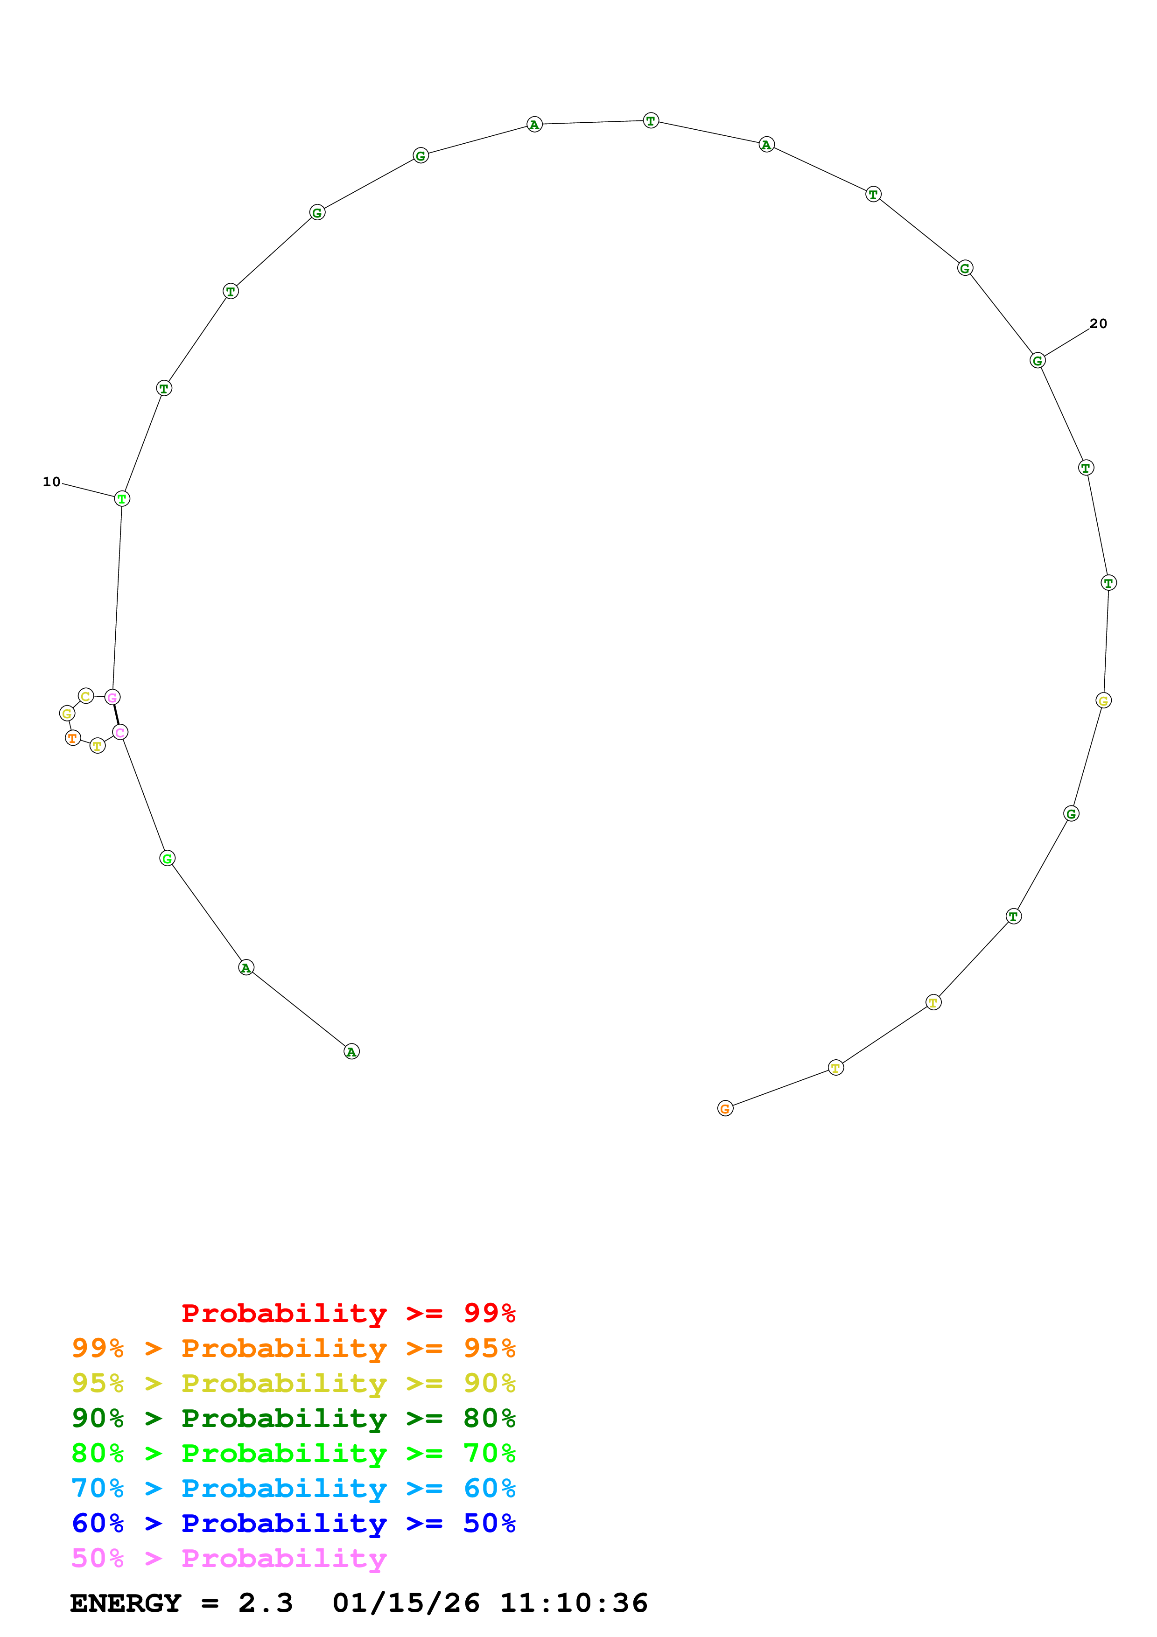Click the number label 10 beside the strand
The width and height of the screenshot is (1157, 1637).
pos(51,482)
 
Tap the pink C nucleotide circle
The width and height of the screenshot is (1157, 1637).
pos(120,732)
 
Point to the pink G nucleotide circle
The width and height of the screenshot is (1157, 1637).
pos(112,697)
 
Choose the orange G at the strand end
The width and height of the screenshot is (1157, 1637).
pos(725,1109)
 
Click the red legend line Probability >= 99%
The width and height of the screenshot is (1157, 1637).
pos(348,1313)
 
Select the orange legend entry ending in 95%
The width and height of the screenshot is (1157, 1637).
pos(293,1348)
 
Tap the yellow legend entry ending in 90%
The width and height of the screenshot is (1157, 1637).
pos(293,1383)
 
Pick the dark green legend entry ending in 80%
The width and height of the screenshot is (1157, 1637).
pos(293,1418)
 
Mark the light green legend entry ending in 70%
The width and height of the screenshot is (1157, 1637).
pos(293,1453)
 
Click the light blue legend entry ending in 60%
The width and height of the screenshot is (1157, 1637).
pos(293,1488)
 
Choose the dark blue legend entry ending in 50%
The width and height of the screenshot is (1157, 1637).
pos(293,1523)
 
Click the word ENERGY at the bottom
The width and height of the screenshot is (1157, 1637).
pos(126,1603)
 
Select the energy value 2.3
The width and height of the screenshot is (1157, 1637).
pos(265,1603)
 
